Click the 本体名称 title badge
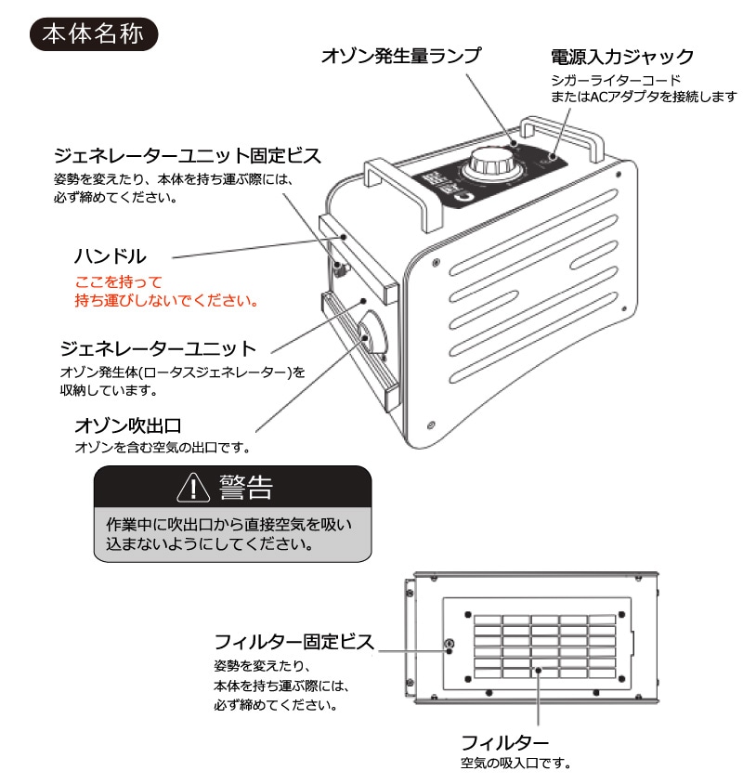point(94,34)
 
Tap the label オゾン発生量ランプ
point(401,56)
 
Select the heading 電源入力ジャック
point(622,57)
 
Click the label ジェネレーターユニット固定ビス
point(187,155)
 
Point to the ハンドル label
point(110,256)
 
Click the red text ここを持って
point(119,282)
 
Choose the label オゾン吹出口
point(128,425)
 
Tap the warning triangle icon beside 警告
point(193,487)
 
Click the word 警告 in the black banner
point(245,487)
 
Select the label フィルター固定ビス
point(294,642)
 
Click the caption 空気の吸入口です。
point(515,763)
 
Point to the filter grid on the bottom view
point(545,646)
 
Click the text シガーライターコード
point(616,80)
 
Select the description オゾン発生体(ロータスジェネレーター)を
point(183,372)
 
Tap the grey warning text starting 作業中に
point(229,534)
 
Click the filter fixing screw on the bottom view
point(449,644)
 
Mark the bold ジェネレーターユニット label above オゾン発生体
point(158,348)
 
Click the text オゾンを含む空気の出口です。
point(163,447)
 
